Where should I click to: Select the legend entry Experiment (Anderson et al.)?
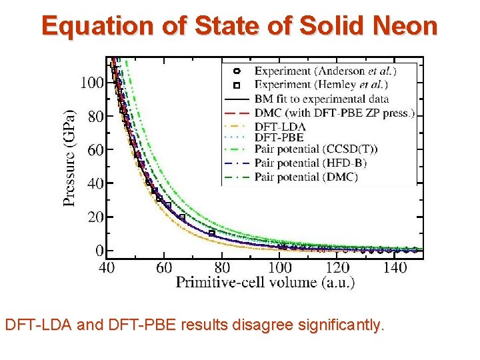coord(325,71)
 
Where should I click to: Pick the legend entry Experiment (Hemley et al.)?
coord(321,85)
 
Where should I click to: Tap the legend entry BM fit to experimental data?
coord(321,99)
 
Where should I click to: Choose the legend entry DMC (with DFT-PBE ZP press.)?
coord(334,113)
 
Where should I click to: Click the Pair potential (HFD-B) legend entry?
coord(310,163)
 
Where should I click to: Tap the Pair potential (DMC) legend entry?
coord(307,177)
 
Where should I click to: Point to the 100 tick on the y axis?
coord(92,83)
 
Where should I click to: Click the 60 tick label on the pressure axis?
coord(95,150)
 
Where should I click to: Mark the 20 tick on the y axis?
coord(95,217)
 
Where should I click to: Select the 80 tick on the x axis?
coord(222,267)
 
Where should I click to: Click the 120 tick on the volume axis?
coord(337,267)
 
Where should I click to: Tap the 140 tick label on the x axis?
coord(395,267)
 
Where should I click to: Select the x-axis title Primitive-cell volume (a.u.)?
coord(265,283)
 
